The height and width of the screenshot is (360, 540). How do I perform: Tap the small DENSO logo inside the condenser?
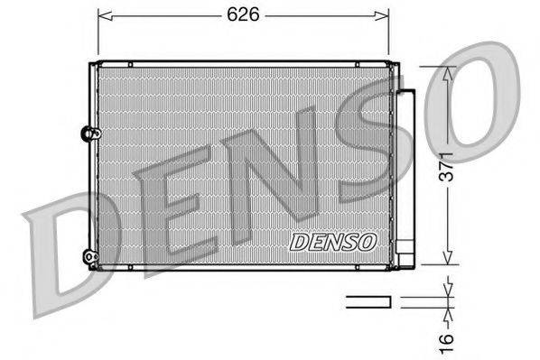pyautogui.click(x=333, y=241)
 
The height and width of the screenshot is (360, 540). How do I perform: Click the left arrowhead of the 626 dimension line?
pyautogui.click(x=101, y=14)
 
